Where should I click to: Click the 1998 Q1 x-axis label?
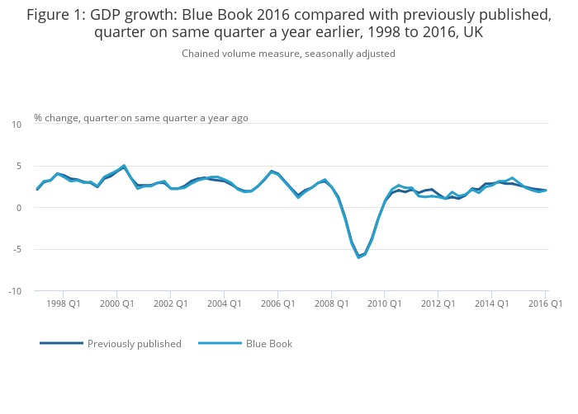click(x=63, y=303)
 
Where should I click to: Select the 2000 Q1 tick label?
click(x=116, y=303)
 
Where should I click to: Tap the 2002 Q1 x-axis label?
click(x=170, y=303)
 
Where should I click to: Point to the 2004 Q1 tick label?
click(x=224, y=303)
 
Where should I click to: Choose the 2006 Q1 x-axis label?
click(x=277, y=303)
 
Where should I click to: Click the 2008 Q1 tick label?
click(x=331, y=303)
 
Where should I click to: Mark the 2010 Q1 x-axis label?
click(x=385, y=303)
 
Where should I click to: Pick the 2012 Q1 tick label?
click(x=438, y=303)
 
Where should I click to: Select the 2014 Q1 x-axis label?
click(x=491, y=303)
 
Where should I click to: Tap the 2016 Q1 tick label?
click(x=545, y=303)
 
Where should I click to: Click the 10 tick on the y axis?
click(x=17, y=125)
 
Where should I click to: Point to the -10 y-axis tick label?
click(x=15, y=291)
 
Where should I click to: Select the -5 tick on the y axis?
click(x=17, y=249)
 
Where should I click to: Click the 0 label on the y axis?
click(x=19, y=208)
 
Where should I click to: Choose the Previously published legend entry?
click(x=134, y=344)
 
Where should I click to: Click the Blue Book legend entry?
click(x=268, y=344)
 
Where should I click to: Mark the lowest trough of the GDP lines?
click(x=358, y=257)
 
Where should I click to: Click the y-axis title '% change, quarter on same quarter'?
click(x=140, y=118)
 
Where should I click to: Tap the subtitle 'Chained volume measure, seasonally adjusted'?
click(x=288, y=54)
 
